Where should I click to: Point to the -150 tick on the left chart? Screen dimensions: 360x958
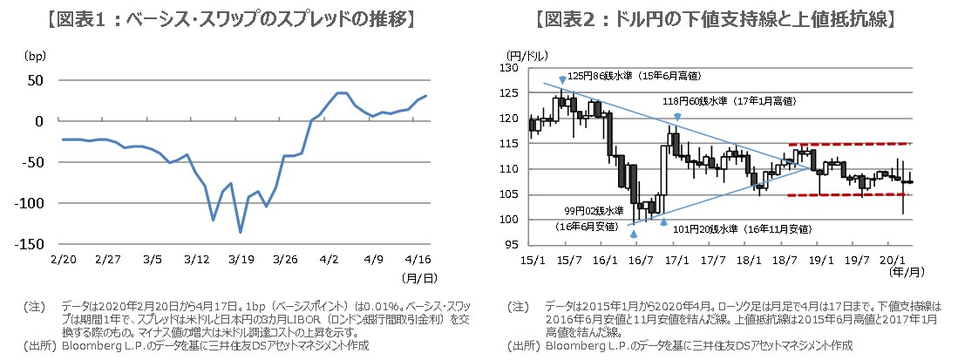(x=34, y=244)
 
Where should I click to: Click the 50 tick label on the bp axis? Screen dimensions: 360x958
(x=37, y=80)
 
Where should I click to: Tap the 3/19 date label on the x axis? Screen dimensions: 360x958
(x=240, y=260)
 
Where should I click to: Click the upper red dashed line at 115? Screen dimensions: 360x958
(x=850, y=144)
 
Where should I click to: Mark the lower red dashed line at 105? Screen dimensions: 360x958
(x=850, y=195)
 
